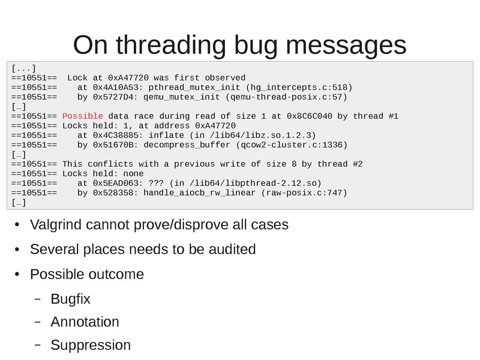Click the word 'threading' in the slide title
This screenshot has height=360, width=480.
coord(171,46)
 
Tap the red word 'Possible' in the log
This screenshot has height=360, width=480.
coord(82,116)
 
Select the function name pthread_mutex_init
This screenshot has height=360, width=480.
coord(194,88)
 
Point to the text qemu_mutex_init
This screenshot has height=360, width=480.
coord(182,97)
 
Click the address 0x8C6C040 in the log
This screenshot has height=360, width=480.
coord(309,116)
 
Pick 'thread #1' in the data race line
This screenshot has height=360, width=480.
coord(376,116)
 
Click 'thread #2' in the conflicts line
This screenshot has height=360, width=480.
coord(340,164)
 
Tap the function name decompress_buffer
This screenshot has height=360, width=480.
coord(187,145)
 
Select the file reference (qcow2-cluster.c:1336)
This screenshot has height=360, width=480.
coord(292,145)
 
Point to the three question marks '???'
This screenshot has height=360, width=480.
coord(156,183)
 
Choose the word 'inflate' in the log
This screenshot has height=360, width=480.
coord(166,136)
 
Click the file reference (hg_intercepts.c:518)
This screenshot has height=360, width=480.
coord(299,88)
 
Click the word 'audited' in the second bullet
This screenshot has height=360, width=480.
coord(232,249)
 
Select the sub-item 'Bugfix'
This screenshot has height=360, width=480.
coord(70,299)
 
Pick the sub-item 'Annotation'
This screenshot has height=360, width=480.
coord(85,322)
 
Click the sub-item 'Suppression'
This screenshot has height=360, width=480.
coord(91,345)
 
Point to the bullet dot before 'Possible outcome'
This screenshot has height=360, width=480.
coord(17,274)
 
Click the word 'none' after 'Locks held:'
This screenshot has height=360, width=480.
coord(133,173)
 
